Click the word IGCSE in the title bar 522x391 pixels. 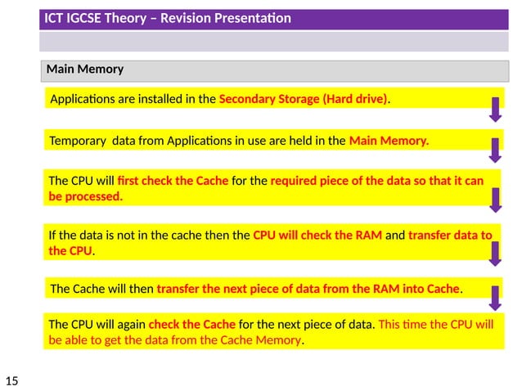[x=87, y=18]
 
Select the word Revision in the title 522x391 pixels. [x=186, y=18]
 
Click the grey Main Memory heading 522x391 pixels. [x=85, y=70]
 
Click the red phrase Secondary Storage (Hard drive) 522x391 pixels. [x=303, y=100]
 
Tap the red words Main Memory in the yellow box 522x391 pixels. [x=388, y=141]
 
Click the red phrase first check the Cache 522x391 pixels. [x=173, y=181]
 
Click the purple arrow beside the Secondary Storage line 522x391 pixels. [x=495, y=109]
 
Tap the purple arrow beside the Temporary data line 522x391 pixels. [x=495, y=151]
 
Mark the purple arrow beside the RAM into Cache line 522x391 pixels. [x=495, y=296]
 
